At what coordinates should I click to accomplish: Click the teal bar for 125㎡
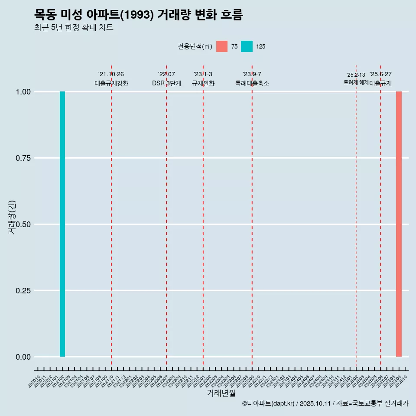62,224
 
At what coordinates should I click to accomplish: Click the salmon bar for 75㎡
399,224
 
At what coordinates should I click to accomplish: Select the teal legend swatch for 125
247,46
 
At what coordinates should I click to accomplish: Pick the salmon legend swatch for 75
222,46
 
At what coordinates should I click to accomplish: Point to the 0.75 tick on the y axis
23,158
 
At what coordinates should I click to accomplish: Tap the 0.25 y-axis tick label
23,291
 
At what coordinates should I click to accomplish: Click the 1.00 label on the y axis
23,92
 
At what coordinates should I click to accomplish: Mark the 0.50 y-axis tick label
23,224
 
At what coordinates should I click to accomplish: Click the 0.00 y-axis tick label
23,357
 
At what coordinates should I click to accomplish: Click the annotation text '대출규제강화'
111,83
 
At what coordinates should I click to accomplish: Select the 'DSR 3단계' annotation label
166,83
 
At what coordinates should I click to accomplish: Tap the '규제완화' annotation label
203,83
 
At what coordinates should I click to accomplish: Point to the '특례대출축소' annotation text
252,83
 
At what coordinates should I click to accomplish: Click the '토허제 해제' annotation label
356,82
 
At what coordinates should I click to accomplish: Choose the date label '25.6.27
380,74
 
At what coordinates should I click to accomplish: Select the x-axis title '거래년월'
221,393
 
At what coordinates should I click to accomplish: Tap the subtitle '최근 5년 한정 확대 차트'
74,28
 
